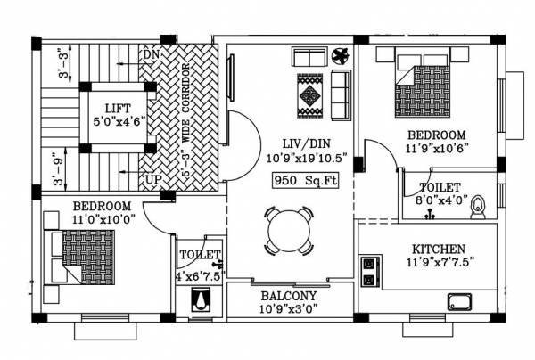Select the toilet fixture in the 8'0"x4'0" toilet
[x=479, y=206]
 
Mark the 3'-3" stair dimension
[x=60, y=61]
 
